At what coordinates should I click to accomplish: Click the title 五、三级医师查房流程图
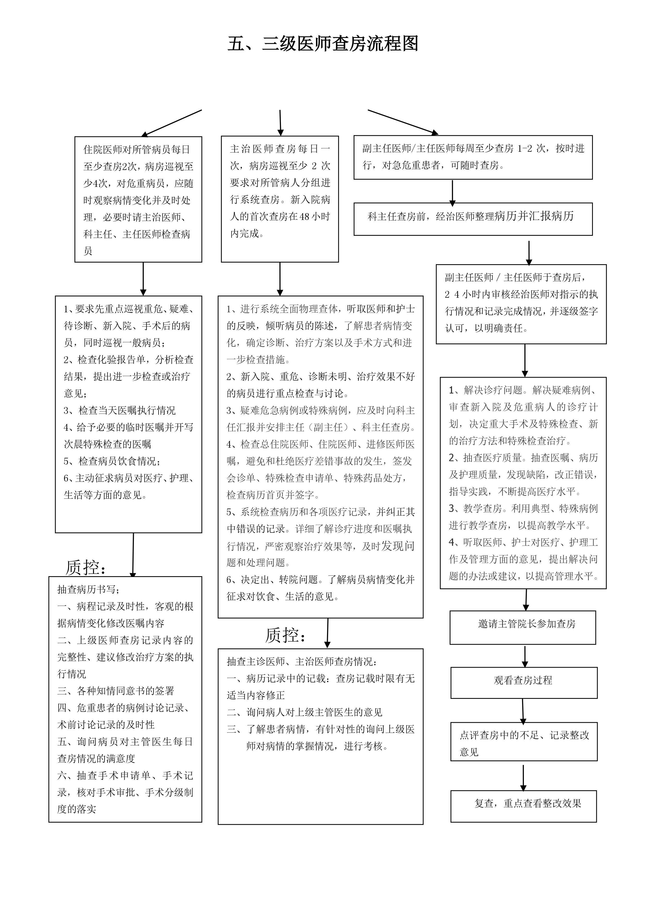point(323,44)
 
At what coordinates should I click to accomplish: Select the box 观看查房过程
point(523,680)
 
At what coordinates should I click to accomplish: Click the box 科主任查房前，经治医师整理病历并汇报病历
point(473,218)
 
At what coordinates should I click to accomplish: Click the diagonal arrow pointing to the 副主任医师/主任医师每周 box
point(403,122)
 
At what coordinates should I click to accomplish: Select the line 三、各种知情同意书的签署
point(116,691)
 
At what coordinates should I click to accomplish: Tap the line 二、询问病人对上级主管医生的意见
point(304,712)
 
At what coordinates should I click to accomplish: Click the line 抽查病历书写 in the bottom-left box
point(89,589)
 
